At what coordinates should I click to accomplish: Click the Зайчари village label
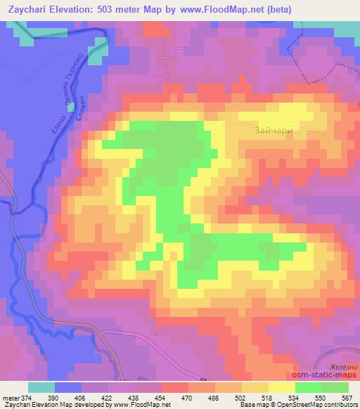click(270, 130)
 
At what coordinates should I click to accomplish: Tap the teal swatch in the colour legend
click(41, 387)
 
